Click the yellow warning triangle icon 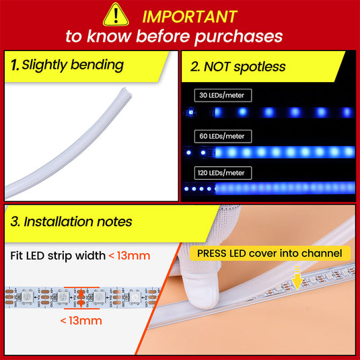click(116, 15)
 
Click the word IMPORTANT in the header click(190, 17)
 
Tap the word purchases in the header click(239, 37)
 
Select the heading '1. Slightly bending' click(67, 65)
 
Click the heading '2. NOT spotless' click(238, 67)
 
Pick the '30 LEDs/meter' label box click(223, 96)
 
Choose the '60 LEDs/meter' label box click(223, 137)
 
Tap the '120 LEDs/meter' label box click(223, 173)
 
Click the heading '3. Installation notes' click(71, 222)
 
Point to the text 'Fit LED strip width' click(58, 256)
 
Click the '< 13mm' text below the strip click(81, 321)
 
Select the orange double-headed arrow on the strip click(81, 298)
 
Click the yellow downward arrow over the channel click(297, 279)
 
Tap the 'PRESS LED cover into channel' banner click(270, 254)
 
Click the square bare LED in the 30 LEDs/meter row click(191, 112)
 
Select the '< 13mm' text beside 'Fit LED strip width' click(129, 256)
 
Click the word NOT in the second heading click(217, 67)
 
